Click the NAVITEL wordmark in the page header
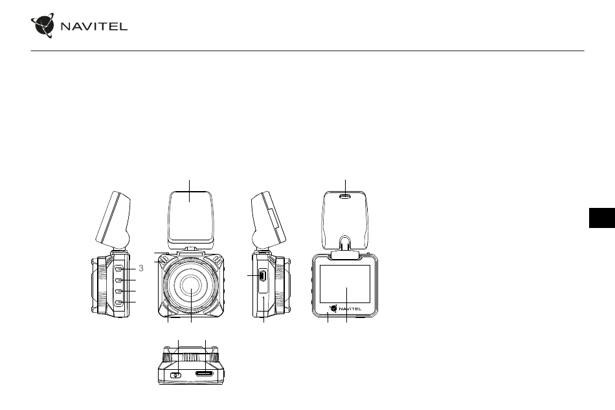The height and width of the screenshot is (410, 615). coord(94,27)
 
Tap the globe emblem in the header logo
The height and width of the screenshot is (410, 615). coord(43,25)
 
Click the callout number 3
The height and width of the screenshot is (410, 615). coord(141,268)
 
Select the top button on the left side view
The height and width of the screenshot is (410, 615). coord(119,269)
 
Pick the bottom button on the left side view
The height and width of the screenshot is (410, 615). coord(119,302)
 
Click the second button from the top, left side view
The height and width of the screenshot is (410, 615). coord(119,280)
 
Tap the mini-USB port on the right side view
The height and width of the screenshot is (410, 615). coord(262,276)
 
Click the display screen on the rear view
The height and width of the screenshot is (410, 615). coord(345,284)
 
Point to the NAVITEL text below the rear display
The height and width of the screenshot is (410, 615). coord(350,309)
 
